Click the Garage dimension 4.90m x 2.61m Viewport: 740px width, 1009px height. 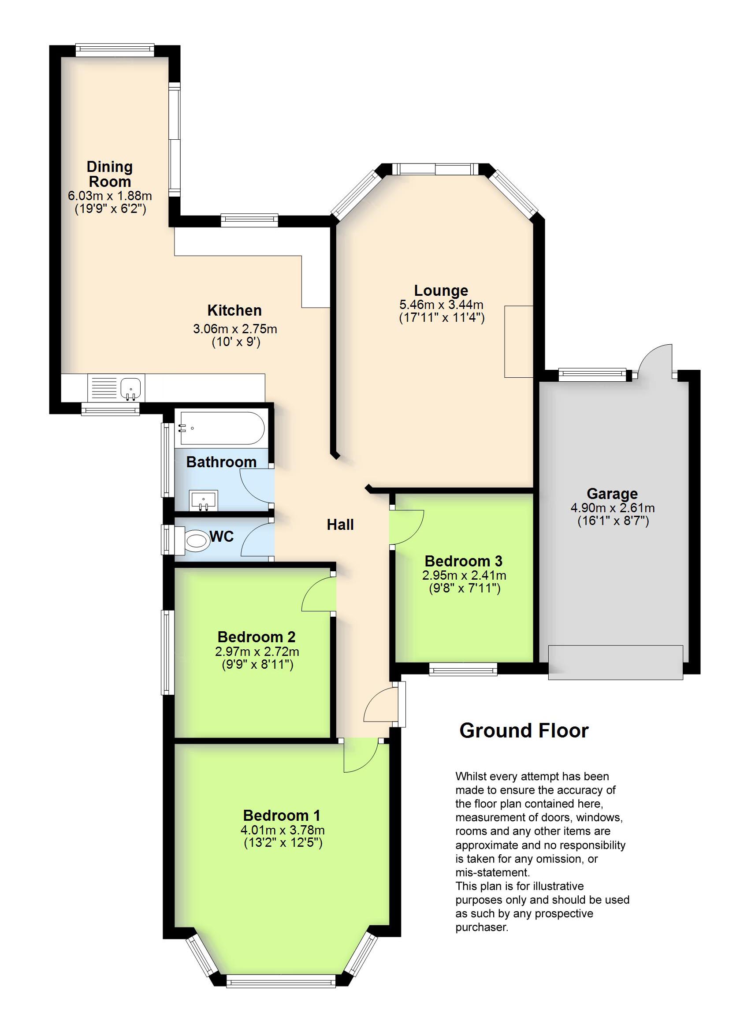(612, 508)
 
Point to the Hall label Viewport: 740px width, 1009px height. (340, 525)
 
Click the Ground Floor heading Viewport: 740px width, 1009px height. (524, 731)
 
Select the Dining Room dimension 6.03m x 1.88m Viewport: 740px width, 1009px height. (110, 196)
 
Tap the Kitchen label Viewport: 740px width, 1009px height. (234, 310)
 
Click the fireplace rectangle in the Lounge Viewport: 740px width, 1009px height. (518, 342)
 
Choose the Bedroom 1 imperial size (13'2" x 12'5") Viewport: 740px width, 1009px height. (283, 843)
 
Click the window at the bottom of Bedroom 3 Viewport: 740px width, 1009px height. (463, 670)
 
